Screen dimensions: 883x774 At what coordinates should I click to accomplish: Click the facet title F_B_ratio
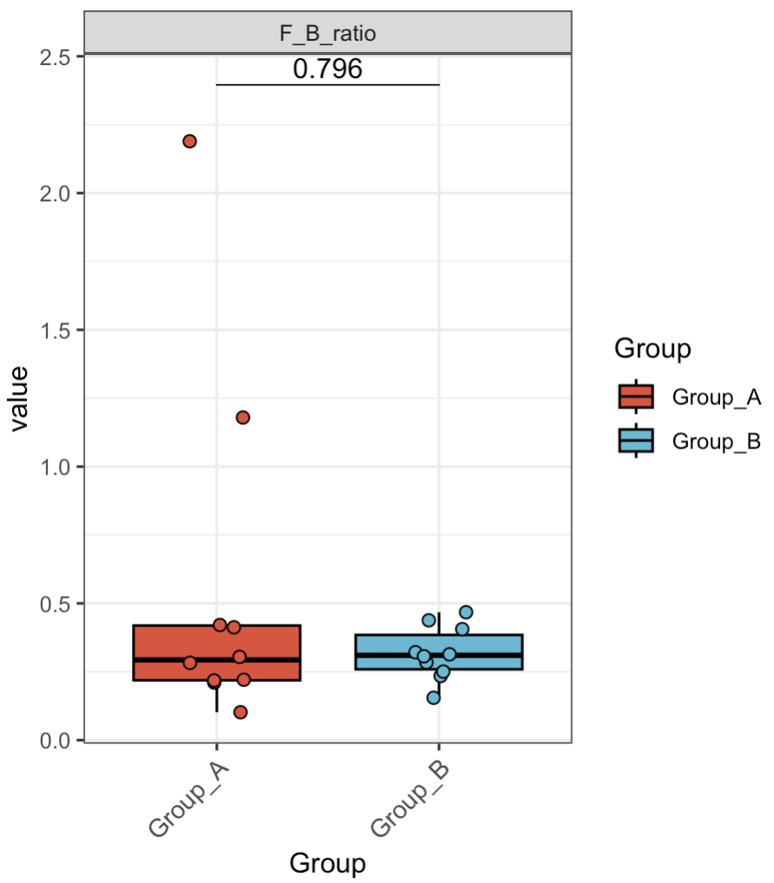(x=327, y=33)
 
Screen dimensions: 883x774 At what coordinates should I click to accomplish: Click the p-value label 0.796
(x=327, y=69)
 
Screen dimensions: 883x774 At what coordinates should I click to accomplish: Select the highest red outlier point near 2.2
(x=190, y=141)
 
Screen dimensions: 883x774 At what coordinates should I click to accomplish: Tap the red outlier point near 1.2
(x=243, y=417)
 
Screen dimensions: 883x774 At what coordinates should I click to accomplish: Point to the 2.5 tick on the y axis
(x=58, y=56)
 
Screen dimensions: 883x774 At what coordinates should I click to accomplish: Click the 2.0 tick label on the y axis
(x=58, y=193)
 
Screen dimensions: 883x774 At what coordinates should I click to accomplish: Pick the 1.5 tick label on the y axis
(x=58, y=330)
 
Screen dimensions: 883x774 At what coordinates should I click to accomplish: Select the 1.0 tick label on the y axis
(x=58, y=467)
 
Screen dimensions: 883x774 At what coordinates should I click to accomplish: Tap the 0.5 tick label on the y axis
(x=58, y=603)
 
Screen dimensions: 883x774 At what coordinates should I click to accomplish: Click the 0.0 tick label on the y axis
(x=58, y=740)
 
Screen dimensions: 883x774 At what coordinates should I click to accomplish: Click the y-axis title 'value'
(x=19, y=398)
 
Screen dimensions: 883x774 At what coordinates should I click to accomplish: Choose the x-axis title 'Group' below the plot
(x=327, y=864)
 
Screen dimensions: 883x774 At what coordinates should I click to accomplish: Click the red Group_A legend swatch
(x=636, y=396)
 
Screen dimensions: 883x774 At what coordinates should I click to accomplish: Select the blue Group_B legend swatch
(x=636, y=441)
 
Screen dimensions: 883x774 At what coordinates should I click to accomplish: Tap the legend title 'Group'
(x=652, y=349)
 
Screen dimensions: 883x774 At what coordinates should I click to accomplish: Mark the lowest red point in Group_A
(x=240, y=712)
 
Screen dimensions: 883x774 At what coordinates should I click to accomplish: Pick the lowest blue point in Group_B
(x=434, y=697)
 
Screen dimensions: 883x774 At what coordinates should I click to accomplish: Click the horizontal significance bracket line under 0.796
(x=327, y=85)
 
